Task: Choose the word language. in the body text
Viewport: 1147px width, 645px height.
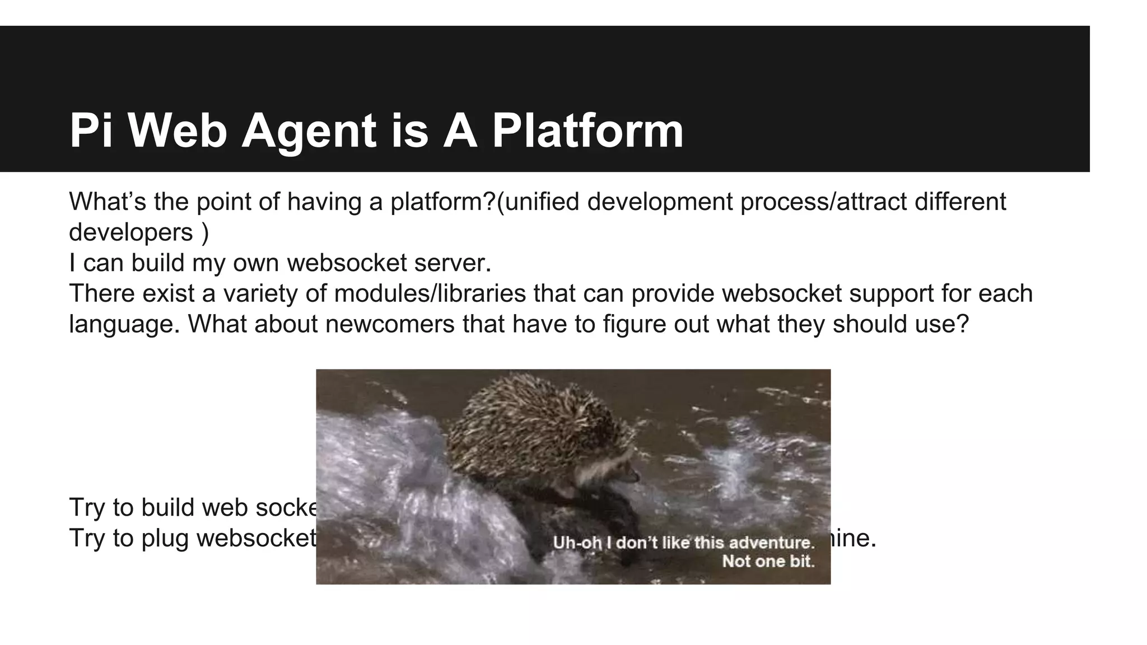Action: click(124, 324)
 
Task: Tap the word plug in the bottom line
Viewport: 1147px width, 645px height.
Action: click(165, 538)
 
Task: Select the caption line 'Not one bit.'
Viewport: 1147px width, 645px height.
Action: click(768, 561)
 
